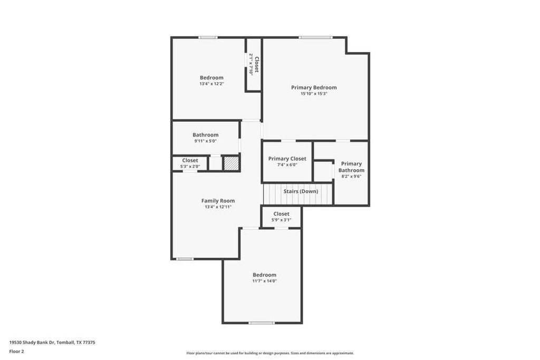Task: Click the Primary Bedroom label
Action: tap(314, 87)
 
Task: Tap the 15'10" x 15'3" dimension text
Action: tap(314, 94)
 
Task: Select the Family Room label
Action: tap(218, 201)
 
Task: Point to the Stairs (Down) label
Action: tap(301, 191)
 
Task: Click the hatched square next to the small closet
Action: tap(230, 163)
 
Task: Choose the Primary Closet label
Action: tap(287, 159)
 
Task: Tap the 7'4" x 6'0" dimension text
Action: tap(287, 165)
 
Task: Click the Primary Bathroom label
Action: tap(351, 167)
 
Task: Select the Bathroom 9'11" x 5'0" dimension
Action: tap(205, 141)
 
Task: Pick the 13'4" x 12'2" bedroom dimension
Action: tap(211, 84)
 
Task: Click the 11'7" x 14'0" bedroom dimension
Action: tap(264, 281)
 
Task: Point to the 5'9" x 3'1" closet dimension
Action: tap(281, 220)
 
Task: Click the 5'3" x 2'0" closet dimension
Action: tap(190, 167)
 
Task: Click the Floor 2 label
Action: tap(16, 351)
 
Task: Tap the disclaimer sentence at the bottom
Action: tap(270, 353)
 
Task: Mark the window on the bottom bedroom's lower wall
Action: tap(262, 323)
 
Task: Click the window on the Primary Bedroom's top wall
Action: tap(315, 37)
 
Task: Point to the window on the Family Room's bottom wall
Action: tap(185, 259)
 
